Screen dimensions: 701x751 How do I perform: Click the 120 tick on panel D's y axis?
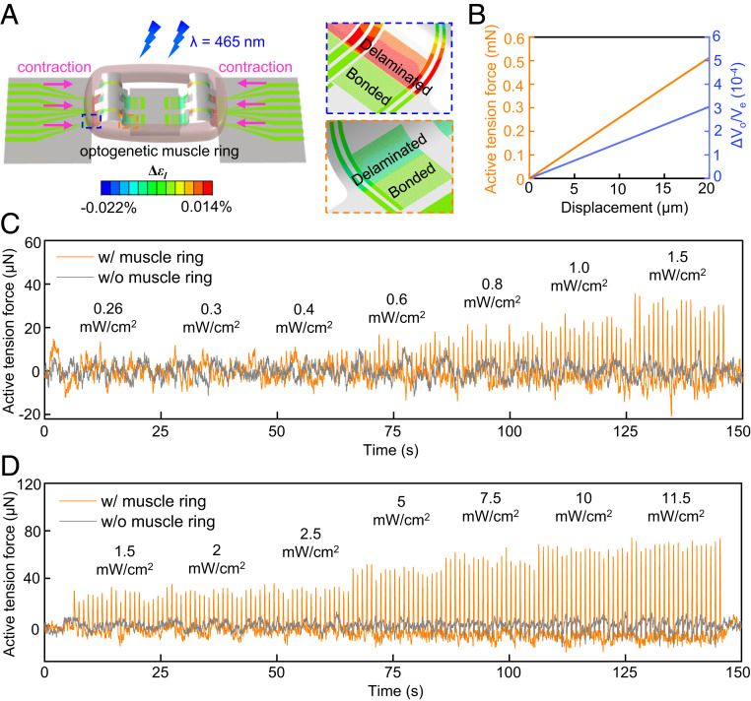27,485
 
